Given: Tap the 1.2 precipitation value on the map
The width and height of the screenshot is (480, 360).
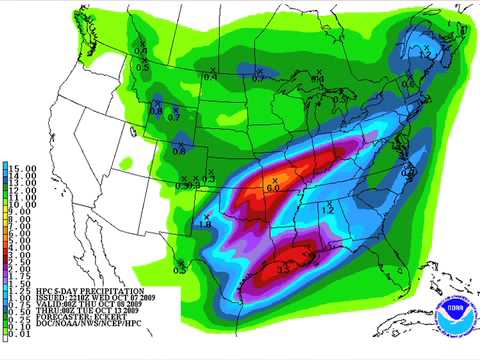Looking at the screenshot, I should pyautogui.click(x=329, y=210).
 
